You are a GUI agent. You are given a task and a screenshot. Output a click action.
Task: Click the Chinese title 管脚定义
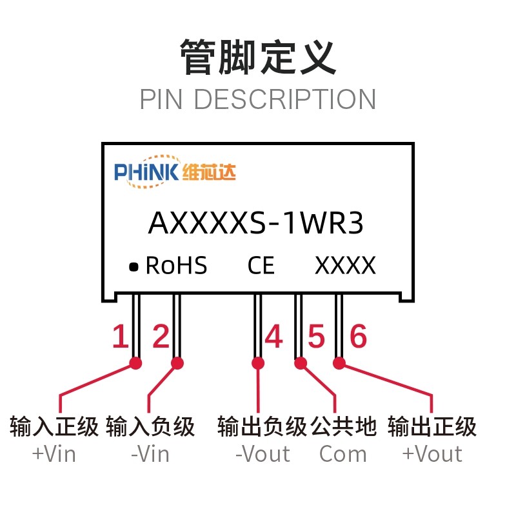(x=258, y=57)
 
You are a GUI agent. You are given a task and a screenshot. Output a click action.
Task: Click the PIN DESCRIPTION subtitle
(x=258, y=99)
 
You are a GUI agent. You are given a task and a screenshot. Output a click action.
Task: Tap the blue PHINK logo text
(x=146, y=172)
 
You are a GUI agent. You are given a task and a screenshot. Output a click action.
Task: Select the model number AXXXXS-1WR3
(x=255, y=223)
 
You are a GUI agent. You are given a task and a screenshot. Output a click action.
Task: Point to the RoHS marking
(x=176, y=265)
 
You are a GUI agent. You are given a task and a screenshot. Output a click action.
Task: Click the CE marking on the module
(x=261, y=265)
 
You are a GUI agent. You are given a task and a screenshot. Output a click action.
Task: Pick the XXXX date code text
(x=345, y=265)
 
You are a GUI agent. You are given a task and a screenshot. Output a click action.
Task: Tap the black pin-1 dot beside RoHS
(x=134, y=266)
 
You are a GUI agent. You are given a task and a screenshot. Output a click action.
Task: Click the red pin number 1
(x=121, y=336)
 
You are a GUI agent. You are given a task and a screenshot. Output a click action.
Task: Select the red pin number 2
(x=161, y=336)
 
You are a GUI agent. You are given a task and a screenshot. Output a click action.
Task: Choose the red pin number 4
(x=273, y=336)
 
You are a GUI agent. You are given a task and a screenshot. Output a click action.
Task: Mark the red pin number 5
(x=316, y=336)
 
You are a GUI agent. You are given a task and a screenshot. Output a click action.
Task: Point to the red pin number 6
(x=358, y=336)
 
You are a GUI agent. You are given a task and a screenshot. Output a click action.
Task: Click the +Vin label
(x=54, y=454)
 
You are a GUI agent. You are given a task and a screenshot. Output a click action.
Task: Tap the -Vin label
(x=150, y=454)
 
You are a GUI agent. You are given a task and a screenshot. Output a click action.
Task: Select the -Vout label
(x=263, y=454)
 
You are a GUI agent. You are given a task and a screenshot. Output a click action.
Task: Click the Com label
(x=343, y=454)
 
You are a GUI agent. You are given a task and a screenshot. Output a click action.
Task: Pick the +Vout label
(x=432, y=454)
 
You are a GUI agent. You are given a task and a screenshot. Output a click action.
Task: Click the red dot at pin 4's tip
(x=258, y=363)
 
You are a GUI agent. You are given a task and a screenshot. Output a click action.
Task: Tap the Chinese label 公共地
(x=344, y=426)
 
